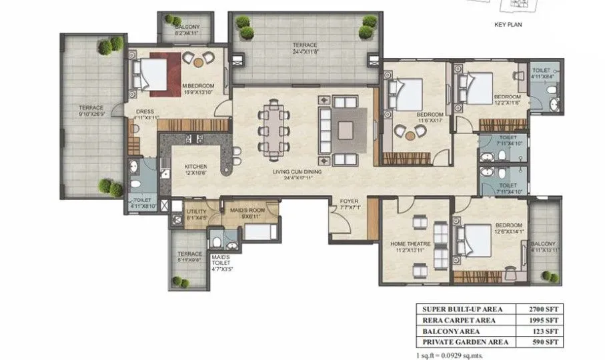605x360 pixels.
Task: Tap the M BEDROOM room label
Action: (197, 88)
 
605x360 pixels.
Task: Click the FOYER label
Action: (349, 200)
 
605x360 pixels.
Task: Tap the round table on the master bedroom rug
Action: (198, 61)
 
